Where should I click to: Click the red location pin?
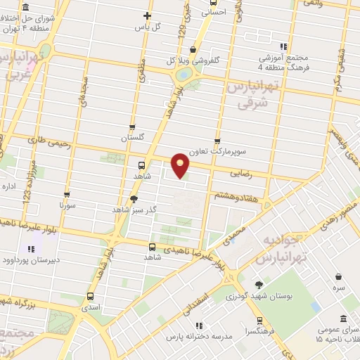coord(181,165)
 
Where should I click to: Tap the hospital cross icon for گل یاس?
coord(147,15)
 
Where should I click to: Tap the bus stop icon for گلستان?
coord(132,125)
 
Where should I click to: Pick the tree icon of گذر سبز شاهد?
coord(134,199)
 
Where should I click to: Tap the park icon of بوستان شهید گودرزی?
coord(259,285)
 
